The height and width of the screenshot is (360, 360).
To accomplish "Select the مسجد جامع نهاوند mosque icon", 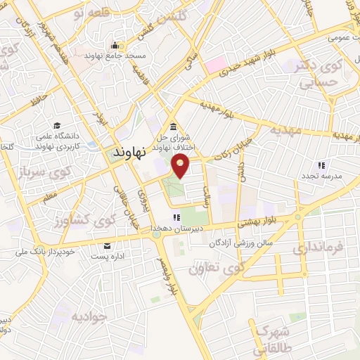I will coord(112,46).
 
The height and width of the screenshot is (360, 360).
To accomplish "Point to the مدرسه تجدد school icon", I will coord(321,165).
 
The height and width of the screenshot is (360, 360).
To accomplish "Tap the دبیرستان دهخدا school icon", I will coord(176,218).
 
